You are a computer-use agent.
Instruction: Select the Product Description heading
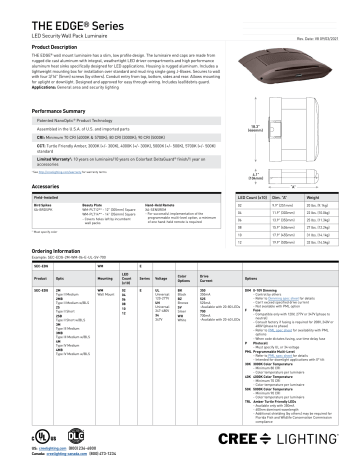coord(45,44)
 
